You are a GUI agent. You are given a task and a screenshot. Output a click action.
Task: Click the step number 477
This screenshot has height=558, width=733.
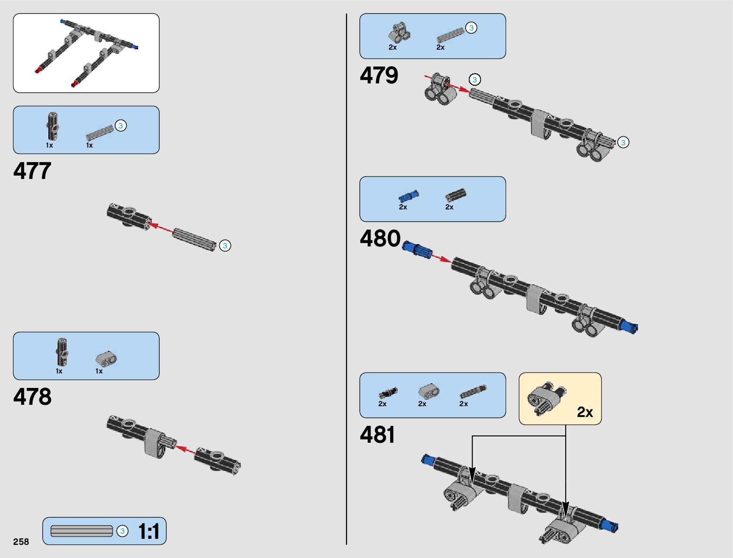click(x=32, y=171)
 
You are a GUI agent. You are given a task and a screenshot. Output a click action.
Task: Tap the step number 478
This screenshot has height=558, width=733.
click(x=32, y=397)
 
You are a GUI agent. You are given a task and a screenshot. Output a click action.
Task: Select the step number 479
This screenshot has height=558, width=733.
click(x=378, y=75)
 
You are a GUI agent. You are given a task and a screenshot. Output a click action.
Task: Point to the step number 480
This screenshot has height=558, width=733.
click(x=380, y=238)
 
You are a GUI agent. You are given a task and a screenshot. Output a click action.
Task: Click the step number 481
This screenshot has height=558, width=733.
click(x=377, y=435)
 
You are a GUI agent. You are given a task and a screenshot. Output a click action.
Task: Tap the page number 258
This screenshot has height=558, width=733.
click(x=21, y=542)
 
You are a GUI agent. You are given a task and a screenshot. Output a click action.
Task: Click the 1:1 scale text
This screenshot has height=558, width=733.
click(x=149, y=532)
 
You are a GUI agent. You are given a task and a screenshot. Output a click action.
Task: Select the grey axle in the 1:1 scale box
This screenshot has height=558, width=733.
click(x=81, y=531)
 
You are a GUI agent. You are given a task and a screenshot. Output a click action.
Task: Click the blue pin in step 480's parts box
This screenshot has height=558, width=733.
click(x=408, y=196)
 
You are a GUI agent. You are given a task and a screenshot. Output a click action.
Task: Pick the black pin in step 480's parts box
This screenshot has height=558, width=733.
click(x=455, y=195)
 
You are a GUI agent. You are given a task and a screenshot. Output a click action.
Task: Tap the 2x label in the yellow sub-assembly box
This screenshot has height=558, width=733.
click(x=585, y=412)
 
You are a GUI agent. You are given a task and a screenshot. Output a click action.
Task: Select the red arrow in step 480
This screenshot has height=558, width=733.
click(x=441, y=258)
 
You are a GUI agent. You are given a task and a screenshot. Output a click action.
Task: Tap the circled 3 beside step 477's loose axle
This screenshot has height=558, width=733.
click(x=225, y=246)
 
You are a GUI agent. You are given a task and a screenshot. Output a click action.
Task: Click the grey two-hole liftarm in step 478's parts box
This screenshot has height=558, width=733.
click(x=107, y=358)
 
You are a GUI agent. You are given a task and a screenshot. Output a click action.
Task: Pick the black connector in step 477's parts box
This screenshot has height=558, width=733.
click(x=52, y=126)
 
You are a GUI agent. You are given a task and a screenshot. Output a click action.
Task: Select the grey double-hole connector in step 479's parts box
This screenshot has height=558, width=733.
click(x=399, y=32)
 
